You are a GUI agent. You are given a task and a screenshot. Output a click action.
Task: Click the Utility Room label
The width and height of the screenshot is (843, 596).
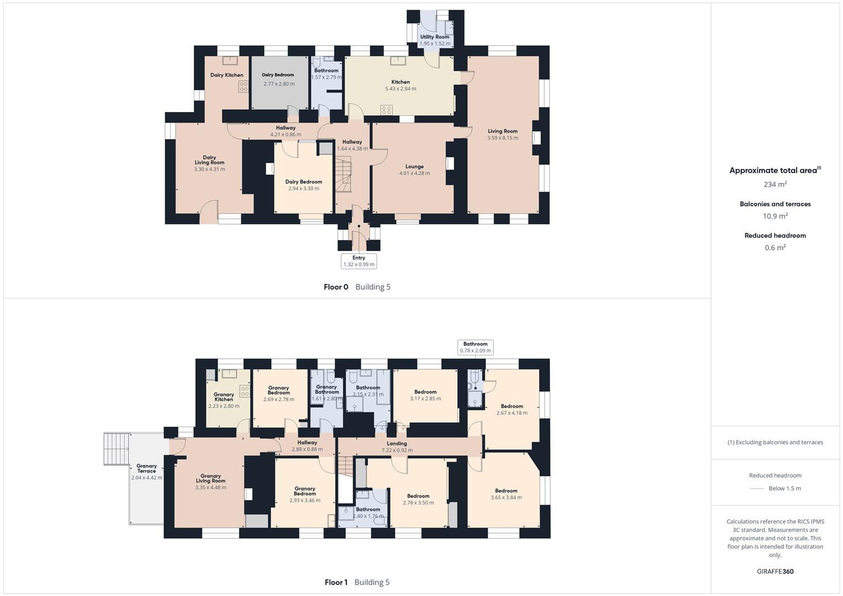434,37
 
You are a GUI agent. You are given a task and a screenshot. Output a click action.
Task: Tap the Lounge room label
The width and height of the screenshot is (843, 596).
415,167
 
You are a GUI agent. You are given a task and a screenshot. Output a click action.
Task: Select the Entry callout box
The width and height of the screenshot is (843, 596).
359,261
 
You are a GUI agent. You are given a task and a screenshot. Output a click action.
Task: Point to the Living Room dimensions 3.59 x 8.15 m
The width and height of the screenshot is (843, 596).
502,138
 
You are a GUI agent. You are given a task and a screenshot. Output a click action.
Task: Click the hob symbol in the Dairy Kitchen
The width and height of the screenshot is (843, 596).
243,86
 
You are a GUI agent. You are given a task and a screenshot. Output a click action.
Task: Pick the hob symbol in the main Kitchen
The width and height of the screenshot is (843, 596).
386,110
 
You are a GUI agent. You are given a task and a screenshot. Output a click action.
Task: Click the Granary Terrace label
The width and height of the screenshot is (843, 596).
146,469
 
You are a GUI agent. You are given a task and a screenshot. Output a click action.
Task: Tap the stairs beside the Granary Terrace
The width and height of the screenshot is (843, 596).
116,449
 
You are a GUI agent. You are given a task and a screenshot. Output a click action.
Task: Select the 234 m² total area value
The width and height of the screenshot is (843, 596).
775,184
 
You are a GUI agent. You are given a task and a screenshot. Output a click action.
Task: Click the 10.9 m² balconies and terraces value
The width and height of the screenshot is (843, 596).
775,216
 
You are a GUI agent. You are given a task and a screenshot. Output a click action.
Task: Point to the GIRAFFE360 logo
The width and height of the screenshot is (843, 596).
775,571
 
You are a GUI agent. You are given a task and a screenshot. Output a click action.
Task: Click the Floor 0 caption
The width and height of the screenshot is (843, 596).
336,287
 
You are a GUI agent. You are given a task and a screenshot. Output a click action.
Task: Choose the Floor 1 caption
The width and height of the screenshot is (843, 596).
336,582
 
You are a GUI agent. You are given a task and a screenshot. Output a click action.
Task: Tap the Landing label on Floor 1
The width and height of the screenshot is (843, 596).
396,444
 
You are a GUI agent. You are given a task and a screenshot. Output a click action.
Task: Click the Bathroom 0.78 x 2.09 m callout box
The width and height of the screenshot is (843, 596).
475,347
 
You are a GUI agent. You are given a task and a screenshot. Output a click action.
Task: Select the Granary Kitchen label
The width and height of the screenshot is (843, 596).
224,397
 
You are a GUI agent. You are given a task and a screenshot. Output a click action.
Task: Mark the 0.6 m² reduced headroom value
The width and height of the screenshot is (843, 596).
775,247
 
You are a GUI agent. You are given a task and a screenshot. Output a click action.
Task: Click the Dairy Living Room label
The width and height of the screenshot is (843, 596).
209,160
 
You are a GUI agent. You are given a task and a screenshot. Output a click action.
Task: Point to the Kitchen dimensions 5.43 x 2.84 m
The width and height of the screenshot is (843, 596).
400,89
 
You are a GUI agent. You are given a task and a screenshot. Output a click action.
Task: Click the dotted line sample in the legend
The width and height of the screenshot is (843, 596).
757,488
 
